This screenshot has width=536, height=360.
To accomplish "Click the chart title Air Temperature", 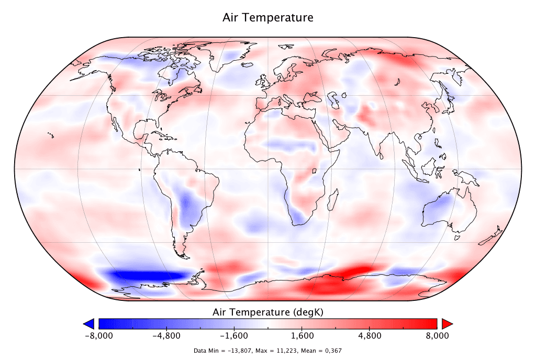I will (268, 18).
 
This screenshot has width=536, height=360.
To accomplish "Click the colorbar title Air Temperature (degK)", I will (268, 312).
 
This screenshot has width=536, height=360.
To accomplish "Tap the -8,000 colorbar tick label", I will (98, 335).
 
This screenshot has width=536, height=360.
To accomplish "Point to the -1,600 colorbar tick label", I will (233, 335).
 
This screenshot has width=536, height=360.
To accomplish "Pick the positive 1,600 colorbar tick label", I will (303, 335).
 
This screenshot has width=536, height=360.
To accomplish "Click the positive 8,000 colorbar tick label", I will (437, 335).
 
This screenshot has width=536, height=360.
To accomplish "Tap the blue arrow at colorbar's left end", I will (88, 323).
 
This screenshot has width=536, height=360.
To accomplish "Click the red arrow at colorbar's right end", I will (447, 323).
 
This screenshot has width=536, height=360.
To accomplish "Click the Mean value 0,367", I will (333, 351).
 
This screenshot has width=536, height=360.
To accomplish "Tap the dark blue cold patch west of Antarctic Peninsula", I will (141, 276).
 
